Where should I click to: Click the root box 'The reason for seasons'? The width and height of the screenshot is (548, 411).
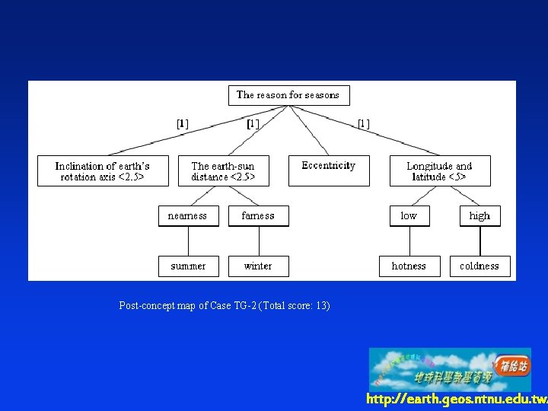point(288,95)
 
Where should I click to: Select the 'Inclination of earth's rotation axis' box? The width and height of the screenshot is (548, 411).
point(103,171)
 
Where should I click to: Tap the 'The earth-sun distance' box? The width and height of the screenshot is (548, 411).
point(223,171)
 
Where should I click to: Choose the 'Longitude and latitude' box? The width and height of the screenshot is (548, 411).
point(439,171)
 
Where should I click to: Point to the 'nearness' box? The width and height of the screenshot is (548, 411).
point(188,216)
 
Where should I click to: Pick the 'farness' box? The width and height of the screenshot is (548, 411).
point(258,216)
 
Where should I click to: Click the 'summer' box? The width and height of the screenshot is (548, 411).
point(188,266)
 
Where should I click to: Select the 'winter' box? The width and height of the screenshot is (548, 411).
point(258,266)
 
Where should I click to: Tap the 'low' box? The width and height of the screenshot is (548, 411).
point(409,216)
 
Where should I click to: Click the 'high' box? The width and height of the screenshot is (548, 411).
point(479,216)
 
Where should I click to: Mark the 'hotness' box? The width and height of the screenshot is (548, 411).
point(409,266)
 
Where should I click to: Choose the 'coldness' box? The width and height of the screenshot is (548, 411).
point(479,266)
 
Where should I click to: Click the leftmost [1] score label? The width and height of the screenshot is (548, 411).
point(183,123)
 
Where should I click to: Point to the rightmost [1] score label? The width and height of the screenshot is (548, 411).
point(364,123)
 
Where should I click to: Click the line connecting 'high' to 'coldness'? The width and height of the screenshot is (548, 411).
point(480,241)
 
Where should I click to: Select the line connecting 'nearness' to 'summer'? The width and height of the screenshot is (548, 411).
point(188,241)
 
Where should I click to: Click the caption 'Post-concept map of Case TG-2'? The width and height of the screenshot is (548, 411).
point(225,306)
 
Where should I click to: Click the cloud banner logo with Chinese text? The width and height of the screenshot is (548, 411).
point(449,369)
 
